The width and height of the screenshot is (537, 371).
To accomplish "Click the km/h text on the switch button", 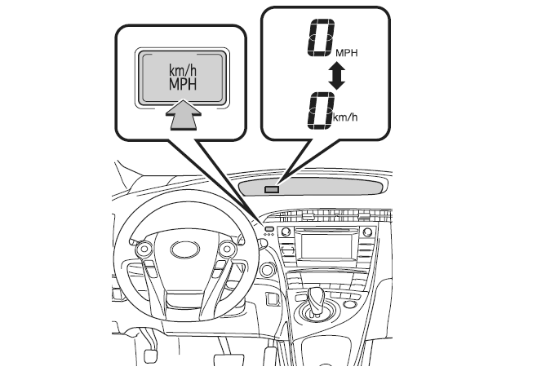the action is [183, 71].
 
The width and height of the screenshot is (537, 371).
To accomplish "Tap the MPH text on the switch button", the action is [183, 84].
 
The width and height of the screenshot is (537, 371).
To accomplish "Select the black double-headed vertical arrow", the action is [337, 76].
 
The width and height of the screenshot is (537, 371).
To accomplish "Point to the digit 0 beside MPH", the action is [321, 38].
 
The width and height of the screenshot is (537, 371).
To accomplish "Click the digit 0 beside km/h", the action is [321, 111].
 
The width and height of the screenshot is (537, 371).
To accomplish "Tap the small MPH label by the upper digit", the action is [347, 53].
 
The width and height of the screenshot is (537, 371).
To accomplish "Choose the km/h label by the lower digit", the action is [345, 117].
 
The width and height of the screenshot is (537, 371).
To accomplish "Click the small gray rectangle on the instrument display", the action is [272, 189].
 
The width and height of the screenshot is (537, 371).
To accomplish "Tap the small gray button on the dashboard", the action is [269, 228].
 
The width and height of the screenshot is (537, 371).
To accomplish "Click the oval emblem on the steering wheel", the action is [185, 250].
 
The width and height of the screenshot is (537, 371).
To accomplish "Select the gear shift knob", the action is [316, 296].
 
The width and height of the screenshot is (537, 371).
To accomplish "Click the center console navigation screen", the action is [326, 245].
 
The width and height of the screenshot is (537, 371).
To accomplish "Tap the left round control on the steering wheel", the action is [144, 249].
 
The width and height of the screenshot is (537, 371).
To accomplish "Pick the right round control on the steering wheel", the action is [226, 249].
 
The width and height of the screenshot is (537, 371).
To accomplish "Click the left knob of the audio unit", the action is [286, 232].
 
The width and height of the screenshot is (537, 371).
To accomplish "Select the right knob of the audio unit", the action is [367, 232].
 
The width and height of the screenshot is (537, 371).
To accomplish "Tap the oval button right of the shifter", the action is [349, 304].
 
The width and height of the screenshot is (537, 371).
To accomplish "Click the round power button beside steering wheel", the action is [268, 269].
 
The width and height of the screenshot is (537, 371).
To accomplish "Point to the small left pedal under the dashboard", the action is [150, 356].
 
